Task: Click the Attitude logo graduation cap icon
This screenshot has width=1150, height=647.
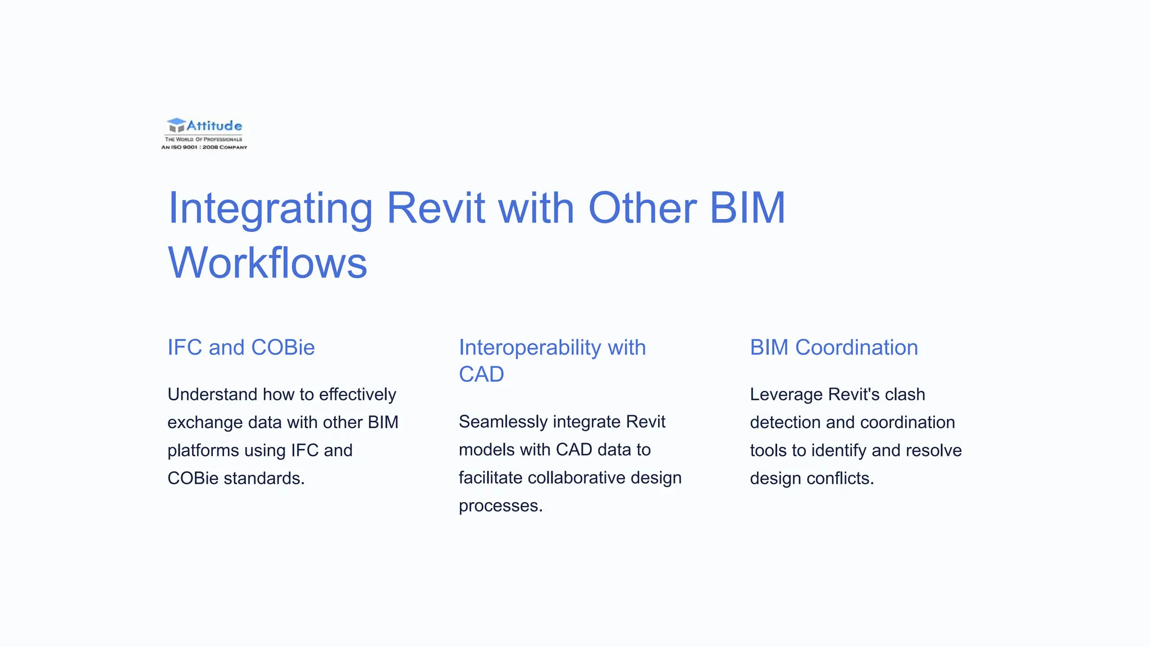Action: click(176, 125)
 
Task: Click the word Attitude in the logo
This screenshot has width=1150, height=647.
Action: click(215, 126)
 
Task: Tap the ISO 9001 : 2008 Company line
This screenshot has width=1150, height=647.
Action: click(204, 147)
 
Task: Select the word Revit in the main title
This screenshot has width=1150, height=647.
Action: click(436, 208)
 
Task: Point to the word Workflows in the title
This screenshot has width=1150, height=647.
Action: click(267, 263)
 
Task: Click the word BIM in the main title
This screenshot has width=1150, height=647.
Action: click(747, 208)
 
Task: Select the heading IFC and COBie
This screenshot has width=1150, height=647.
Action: click(241, 348)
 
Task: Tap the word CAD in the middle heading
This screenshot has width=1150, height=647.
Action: click(481, 375)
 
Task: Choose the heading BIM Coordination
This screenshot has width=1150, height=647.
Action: click(834, 348)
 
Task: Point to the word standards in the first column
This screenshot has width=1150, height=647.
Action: click(263, 479)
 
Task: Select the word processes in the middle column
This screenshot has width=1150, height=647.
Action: click(500, 506)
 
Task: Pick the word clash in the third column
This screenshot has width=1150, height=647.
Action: click(905, 394)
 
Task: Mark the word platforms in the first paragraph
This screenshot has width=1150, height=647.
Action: click(206, 450)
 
